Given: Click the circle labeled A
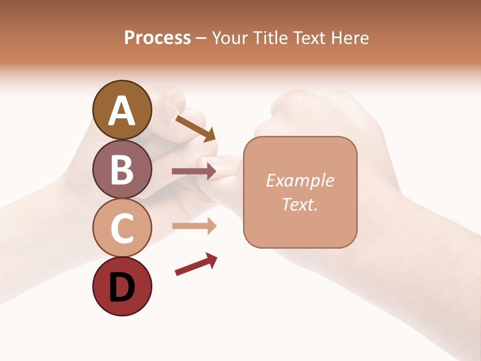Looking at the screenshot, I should (122, 110).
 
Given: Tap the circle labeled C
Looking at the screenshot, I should (122, 228).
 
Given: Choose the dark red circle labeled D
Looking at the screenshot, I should (122, 286).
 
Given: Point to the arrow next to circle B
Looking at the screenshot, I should (194, 171).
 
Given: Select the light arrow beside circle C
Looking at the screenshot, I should (194, 226).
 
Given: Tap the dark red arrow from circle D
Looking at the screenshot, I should (196, 264).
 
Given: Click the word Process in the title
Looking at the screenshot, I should (157, 38).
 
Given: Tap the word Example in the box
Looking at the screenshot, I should (300, 180).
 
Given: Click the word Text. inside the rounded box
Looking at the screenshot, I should (300, 205).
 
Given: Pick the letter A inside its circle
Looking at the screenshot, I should (122, 111).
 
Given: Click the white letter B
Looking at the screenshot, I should (122, 169).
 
